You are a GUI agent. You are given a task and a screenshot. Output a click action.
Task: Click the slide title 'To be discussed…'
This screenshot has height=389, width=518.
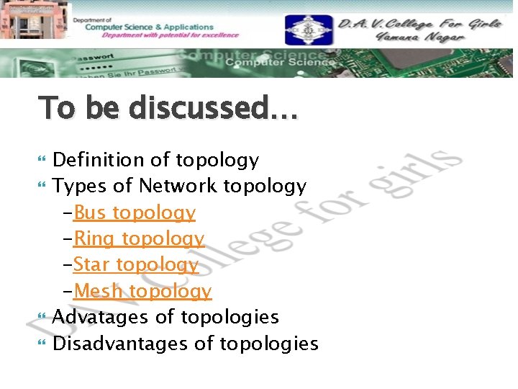tap(167, 108)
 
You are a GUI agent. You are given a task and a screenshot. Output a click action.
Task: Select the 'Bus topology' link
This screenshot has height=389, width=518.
tap(135, 213)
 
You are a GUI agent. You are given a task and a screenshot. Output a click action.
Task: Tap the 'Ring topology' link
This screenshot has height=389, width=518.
tap(139, 239)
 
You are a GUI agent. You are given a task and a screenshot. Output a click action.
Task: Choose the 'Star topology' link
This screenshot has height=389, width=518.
tap(135, 265)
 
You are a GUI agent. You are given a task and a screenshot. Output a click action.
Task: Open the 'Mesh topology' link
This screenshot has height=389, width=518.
tap(142, 291)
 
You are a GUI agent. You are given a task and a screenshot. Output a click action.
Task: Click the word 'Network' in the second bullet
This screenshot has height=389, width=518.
tap(178, 187)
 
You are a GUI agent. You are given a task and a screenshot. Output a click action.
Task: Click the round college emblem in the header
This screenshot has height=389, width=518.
tap(308, 30)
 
